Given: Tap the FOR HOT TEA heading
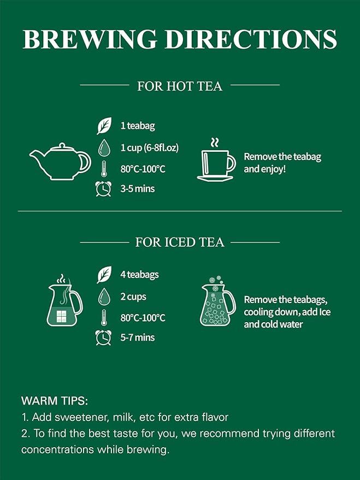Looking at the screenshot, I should click(x=180, y=86).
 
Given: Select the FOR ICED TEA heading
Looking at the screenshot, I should click(x=180, y=242).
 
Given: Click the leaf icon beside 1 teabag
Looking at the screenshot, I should click(x=104, y=126).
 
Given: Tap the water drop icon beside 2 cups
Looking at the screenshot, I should click(x=104, y=297).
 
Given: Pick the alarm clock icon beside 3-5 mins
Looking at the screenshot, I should click(x=103, y=188).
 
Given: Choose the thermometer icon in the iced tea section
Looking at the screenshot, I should click(x=103, y=317).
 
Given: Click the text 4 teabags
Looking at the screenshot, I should click(x=139, y=275).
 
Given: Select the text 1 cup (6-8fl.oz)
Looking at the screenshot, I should click(x=150, y=147).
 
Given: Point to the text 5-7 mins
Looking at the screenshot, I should click(x=138, y=337).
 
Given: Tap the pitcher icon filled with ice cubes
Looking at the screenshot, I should click(x=217, y=306).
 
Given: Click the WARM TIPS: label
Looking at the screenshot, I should click(x=54, y=400).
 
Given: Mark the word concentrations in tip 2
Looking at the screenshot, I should click(x=61, y=450).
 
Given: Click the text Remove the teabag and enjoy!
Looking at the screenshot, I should click(x=282, y=163).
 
